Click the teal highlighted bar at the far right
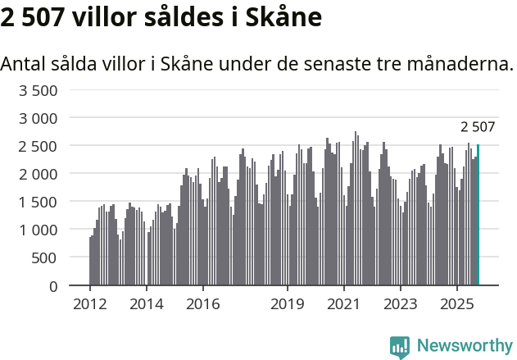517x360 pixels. pos(478,215)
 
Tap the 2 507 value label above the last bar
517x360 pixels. pos(478,127)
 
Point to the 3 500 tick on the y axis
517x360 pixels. pos(38,90)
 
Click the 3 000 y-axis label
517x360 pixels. pos(38,118)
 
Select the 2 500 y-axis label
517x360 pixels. pos(38,146)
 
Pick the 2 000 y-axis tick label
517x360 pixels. pos(38,174)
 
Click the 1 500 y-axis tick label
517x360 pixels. pos(38,202)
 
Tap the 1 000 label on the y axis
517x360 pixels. pos(38,230)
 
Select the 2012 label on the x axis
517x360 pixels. pos(89,304)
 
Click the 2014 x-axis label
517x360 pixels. pos(146,304)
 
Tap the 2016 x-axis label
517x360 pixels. pos(202,304)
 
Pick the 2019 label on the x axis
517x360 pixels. pos(288,304)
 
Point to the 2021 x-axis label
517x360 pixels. pos(344,304)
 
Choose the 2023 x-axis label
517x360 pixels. pos(401,304)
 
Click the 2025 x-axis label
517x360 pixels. pos(457,304)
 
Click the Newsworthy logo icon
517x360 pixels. pos(400,347)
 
